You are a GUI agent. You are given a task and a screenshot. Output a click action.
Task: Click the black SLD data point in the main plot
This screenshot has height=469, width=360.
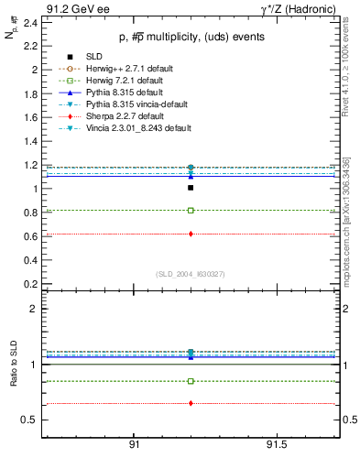(x=191, y=188)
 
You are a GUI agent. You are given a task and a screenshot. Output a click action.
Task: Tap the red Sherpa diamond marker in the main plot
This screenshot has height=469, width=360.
(x=191, y=234)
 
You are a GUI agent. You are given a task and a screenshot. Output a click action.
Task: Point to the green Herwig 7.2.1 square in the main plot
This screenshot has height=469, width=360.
(x=191, y=211)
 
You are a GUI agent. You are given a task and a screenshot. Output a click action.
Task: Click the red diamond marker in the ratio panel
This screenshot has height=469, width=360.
(x=191, y=403)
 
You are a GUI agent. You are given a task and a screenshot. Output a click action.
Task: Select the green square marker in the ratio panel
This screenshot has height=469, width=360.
(x=191, y=381)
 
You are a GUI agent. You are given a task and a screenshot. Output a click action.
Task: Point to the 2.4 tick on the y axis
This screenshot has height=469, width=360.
(x=31, y=22)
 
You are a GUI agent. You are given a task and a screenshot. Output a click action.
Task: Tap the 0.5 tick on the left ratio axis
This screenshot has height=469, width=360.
(x=29, y=420)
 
